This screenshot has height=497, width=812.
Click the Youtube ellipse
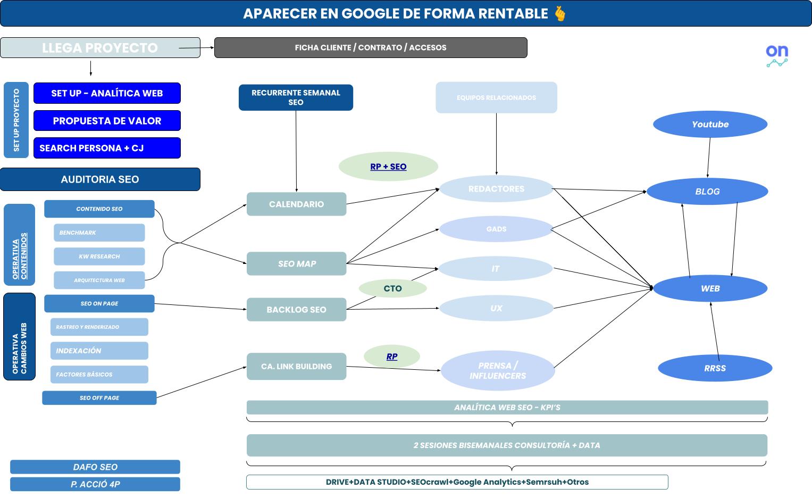[x=710, y=125]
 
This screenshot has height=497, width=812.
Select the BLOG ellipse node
[x=707, y=192]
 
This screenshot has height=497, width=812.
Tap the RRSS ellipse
[x=715, y=368]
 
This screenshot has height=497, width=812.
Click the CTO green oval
[x=392, y=288]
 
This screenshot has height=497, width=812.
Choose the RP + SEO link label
[x=388, y=167]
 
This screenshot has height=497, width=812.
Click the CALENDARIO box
[x=296, y=204]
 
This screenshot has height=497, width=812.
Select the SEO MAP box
[x=296, y=264]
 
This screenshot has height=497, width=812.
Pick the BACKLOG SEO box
[x=296, y=310]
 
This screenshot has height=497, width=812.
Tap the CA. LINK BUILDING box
[x=296, y=367]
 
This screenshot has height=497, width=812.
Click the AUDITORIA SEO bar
[x=100, y=179]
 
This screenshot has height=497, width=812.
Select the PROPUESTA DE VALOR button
[x=107, y=121]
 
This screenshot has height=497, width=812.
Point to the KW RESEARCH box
[x=99, y=256]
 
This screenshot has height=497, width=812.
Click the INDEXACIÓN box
[x=99, y=351]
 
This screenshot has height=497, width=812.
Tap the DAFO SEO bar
[x=95, y=467]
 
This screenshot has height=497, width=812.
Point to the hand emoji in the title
[x=560, y=13]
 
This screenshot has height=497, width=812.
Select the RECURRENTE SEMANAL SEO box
[x=296, y=97]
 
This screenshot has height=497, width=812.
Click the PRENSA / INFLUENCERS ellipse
[x=498, y=371]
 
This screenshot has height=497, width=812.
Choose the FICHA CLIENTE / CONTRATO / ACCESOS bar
[x=371, y=47]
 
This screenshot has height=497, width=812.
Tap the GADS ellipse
[x=496, y=229]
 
